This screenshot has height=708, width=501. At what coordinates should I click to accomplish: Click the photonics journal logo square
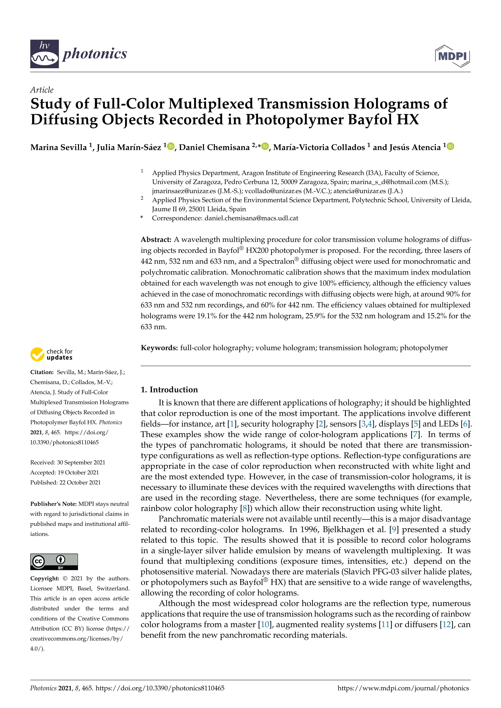[x=44, y=54]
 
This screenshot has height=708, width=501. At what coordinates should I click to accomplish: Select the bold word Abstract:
[x=156, y=240]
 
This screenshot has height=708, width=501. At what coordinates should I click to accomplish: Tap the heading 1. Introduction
[x=169, y=390]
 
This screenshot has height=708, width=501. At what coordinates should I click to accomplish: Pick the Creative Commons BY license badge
[x=54, y=561]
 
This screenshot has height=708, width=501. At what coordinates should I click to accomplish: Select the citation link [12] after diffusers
[x=446, y=624]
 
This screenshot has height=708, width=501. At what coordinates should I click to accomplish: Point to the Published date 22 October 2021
[x=80, y=482]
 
